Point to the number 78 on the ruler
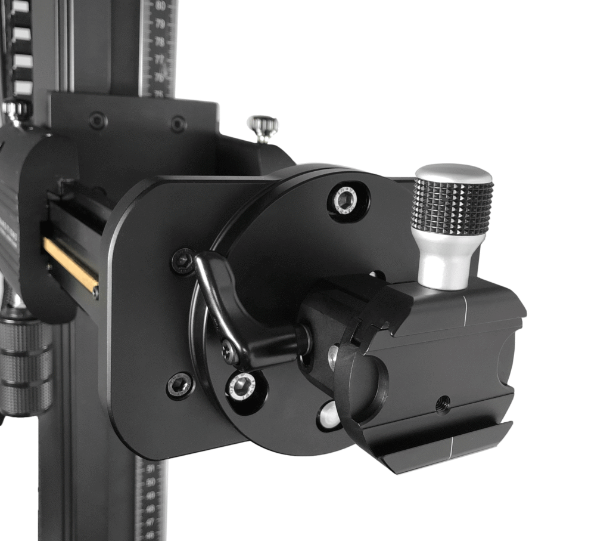pos(160,42)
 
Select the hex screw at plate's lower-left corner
pos(179,385)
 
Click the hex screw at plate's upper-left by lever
pos(183,261)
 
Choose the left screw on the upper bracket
pos(98,120)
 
